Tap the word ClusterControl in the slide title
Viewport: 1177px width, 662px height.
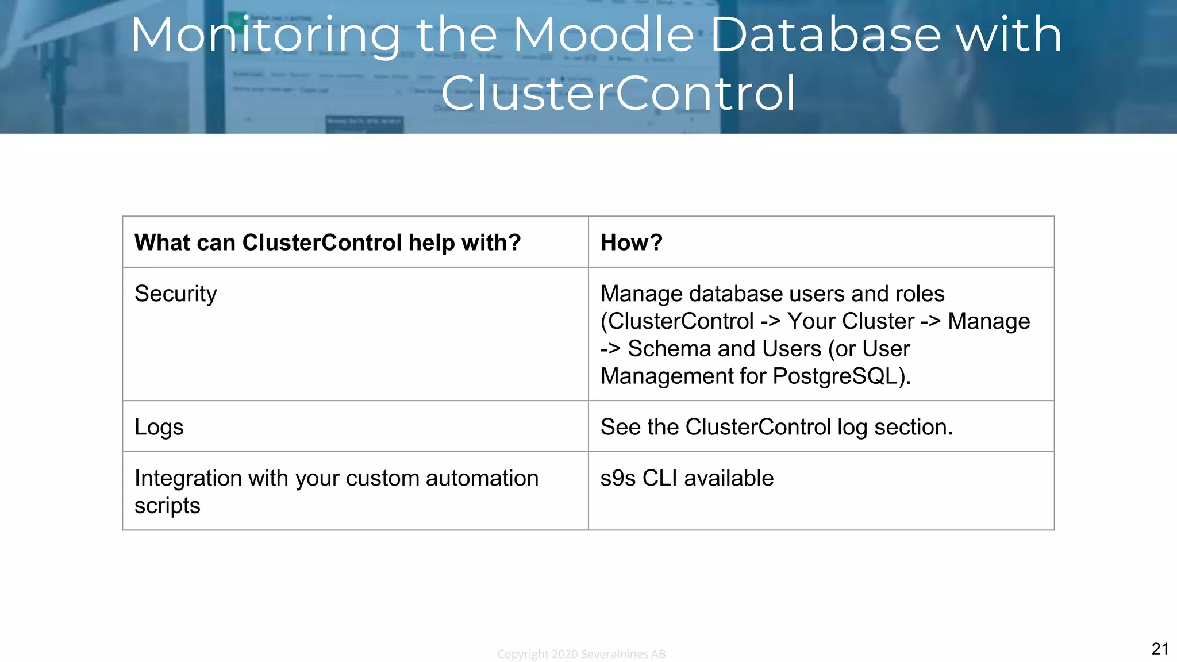coord(618,93)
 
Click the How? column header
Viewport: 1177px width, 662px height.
coord(631,243)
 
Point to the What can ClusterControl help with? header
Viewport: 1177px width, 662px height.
coord(328,243)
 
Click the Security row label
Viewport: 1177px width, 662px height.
coord(175,294)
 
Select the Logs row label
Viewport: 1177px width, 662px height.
coord(159,428)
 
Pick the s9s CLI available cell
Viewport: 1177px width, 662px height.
coord(687,478)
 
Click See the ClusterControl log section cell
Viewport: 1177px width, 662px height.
coord(776,428)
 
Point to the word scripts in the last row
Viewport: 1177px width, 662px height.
coord(167,506)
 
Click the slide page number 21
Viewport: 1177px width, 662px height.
coord(1160,649)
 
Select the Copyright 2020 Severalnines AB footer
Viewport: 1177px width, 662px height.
coord(581,654)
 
